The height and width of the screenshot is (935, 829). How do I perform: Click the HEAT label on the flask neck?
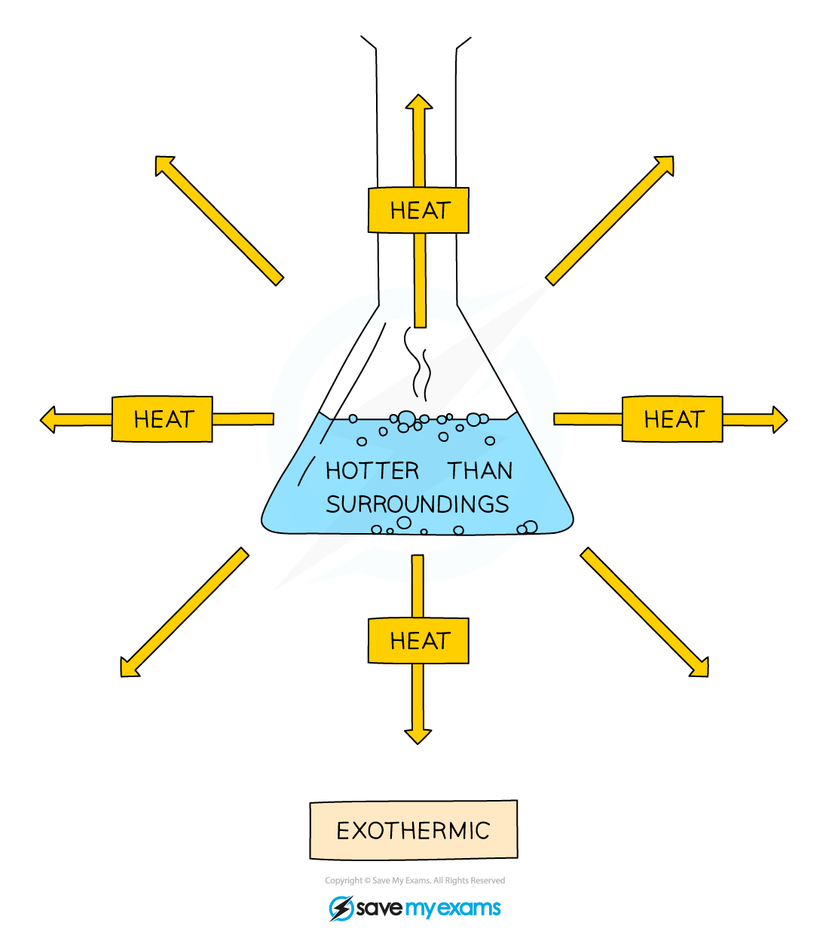[x=418, y=210]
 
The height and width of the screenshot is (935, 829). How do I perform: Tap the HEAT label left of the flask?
[x=162, y=419]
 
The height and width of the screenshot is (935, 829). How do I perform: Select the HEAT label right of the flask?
[x=672, y=419]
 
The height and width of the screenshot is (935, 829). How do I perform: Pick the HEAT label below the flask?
[x=418, y=641]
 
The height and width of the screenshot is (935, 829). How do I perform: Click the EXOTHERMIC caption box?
[x=413, y=830]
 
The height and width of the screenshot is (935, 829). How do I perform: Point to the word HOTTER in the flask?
[x=372, y=471]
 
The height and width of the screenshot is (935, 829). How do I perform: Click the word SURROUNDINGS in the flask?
[x=418, y=504]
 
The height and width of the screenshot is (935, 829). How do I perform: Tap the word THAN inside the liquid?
[x=480, y=471]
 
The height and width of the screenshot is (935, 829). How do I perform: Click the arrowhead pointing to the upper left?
[x=163, y=164]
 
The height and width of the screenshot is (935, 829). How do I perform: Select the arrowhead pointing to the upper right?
[x=665, y=164]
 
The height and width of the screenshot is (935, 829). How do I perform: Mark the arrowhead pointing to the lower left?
[x=128, y=669]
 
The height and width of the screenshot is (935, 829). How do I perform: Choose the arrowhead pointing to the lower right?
[x=701, y=669]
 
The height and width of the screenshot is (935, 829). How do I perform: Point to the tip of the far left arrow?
[x=45, y=419]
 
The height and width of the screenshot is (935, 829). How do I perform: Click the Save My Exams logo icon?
[x=341, y=908]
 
